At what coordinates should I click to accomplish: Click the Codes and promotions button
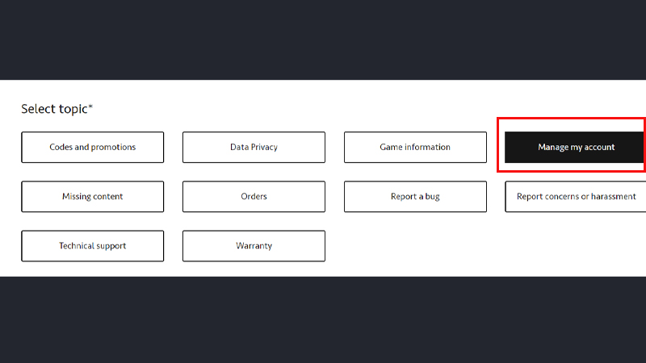point(93,148)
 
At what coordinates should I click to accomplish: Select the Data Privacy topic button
point(254,148)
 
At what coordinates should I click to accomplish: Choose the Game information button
point(415,148)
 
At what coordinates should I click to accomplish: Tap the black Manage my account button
point(575,148)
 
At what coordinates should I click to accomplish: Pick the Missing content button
point(93,197)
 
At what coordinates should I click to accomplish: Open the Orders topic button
point(254,197)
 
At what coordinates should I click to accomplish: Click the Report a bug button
point(415,197)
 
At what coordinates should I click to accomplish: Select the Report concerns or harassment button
point(576,197)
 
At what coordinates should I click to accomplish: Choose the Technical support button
point(93,246)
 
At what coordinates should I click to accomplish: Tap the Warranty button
point(254,246)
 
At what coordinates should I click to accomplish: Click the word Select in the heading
point(38,109)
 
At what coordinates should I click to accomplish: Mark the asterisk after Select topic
point(90,106)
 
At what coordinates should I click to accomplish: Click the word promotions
point(113,148)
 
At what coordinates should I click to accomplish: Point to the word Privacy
point(265,148)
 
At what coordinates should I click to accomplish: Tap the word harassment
point(614,197)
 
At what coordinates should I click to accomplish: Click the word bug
point(433,197)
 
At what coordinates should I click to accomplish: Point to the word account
point(599,148)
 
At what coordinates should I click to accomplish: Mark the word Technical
point(76,246)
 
